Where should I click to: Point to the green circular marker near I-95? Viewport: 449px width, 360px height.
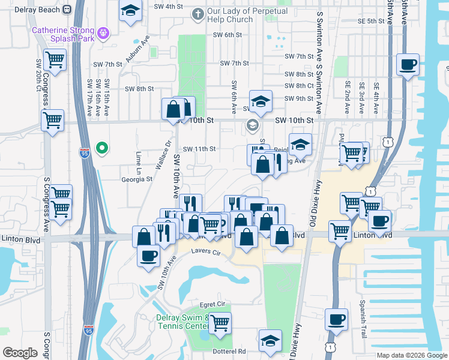pyautogui.click(x=103, y=147)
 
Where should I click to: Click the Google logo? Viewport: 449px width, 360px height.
pyautogui.click(x=20, y=353)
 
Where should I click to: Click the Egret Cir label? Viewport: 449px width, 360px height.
pyautogui.click(x=212, y=304)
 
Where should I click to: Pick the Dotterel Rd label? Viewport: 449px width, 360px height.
pyautogui.click(x=233, y=351)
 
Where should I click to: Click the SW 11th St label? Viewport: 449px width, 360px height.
pyautogui.click(x=199, y=149)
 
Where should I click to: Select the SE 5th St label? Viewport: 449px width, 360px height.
pyautogui.click(x=371, y=21)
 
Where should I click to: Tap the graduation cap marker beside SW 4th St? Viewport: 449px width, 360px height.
pyautogui.click(x=130, y=11)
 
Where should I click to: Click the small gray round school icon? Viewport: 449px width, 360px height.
pyautogui.click(x=252, y=125)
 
